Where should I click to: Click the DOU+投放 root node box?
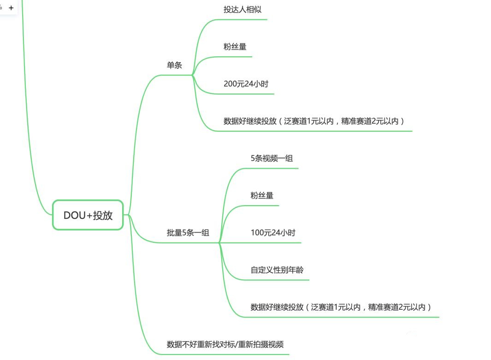88,215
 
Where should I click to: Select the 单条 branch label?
174,65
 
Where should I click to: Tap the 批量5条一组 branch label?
188,233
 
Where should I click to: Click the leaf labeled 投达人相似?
243,9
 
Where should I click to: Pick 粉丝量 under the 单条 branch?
235,47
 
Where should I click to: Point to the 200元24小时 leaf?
246,84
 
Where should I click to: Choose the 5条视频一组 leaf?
272,158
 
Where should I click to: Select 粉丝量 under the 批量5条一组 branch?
262,195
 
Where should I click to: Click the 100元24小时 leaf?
273,233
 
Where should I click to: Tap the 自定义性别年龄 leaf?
277,270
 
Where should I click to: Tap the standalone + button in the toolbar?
11,7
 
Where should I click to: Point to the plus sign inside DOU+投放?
89,215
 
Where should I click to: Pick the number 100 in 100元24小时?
257,233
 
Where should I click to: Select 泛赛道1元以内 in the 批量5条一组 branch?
336,307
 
